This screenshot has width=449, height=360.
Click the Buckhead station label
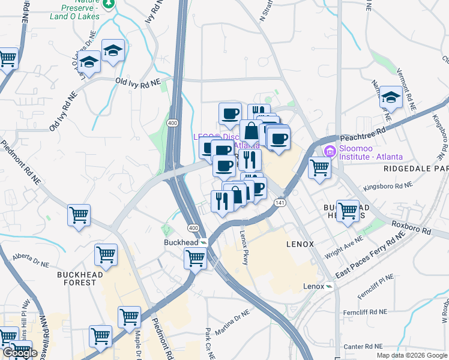(182, 242)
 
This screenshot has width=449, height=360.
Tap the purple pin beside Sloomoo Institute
(329, 150)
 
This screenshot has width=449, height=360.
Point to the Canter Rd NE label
(363, 347)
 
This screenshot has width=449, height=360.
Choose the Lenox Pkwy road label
(244, 248)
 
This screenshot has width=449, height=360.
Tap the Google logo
(20, 353)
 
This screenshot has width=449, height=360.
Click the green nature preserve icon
(108, 4)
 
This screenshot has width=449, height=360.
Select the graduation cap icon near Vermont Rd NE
(391, 97)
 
